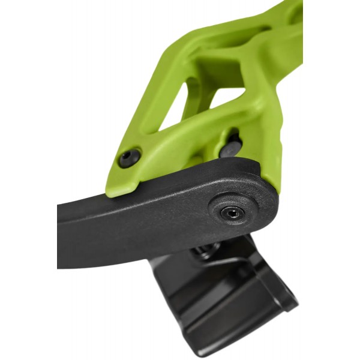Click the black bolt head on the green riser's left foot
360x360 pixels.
(129, 158)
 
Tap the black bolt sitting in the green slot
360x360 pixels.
(231, 146)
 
